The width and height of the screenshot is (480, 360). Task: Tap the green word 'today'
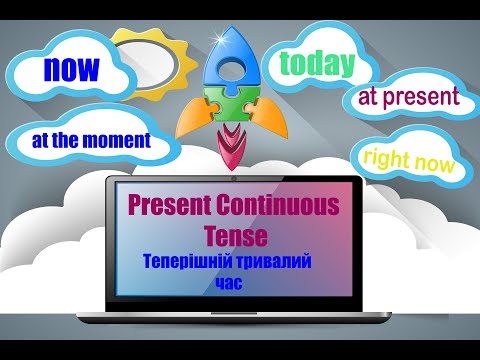318,63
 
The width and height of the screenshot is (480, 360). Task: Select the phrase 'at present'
408,98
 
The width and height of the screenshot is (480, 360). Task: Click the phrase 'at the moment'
90,140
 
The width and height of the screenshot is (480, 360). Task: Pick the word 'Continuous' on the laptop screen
284,204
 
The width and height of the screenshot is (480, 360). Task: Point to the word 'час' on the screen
229,282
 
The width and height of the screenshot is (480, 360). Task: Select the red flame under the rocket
231,148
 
